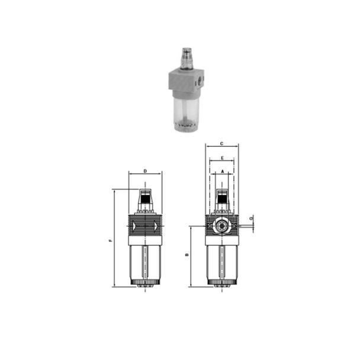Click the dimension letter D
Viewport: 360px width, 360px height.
tap(145, 171)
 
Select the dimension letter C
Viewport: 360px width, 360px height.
tap(221, 143)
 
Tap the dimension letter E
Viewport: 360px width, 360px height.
tap(221, 159)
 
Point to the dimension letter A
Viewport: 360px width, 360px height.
tap(222, 171)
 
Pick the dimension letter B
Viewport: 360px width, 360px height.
tap(187, 256)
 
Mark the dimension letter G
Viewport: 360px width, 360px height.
tap(252, 218)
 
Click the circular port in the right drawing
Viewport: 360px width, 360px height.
tap(221, 226)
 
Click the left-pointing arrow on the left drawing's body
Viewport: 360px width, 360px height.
tap(136, 226)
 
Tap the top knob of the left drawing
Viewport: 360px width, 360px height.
tap(145, 198)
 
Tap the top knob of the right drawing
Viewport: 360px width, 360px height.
tap(222, 198)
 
